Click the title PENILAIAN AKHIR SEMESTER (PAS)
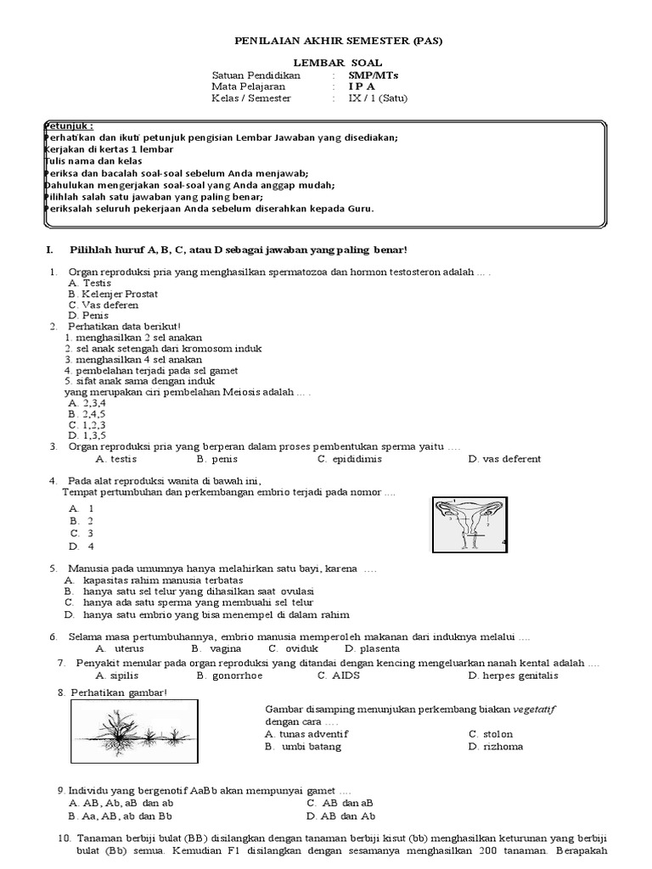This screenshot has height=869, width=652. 326,40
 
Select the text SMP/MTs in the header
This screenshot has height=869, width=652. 373,75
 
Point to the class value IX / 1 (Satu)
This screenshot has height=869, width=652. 378,98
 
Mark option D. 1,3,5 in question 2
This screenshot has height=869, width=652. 87,434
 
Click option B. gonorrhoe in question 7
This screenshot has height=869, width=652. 228,676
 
